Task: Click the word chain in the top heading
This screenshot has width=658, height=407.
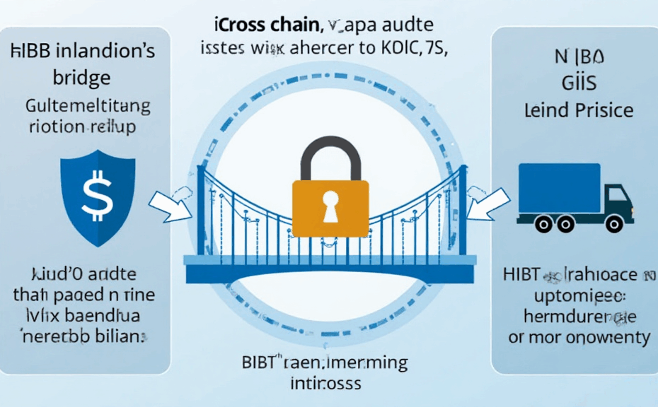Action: point(293,28)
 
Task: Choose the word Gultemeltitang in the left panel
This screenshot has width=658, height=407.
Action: point(88,107)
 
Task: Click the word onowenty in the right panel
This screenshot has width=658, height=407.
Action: point(611,337)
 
